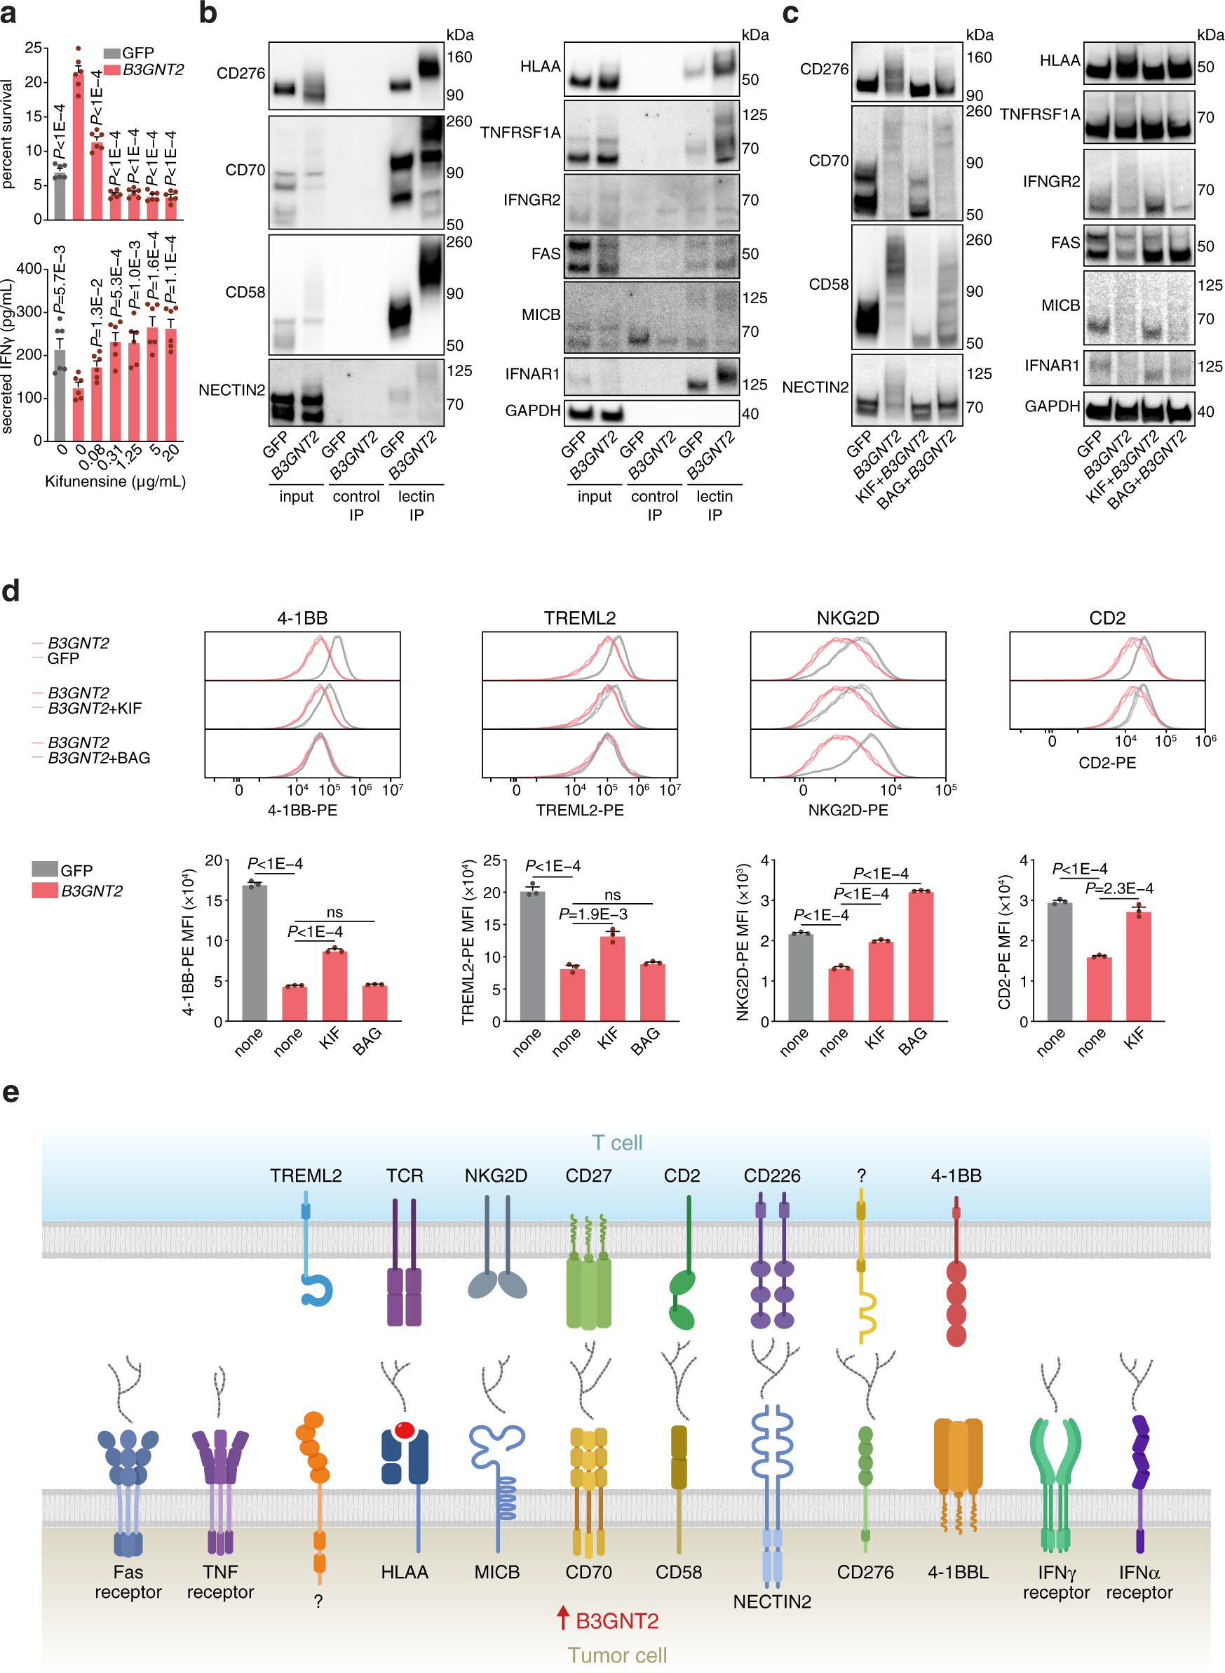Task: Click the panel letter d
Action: (11, 592)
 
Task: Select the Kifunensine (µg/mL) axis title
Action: (115, 481)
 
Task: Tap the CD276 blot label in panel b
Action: (241, 73)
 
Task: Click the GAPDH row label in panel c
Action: (1052, 406)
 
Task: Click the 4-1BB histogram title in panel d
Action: (302, 618)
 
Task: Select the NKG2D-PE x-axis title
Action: (848, 810)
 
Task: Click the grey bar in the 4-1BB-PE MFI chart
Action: (255, 952)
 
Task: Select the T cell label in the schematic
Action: (617, 1142)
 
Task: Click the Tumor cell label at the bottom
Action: (617, 1655)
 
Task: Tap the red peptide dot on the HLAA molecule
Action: (404, 1429)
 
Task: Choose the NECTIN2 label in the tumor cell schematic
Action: (771, 1601)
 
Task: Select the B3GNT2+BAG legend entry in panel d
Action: (99, 758)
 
